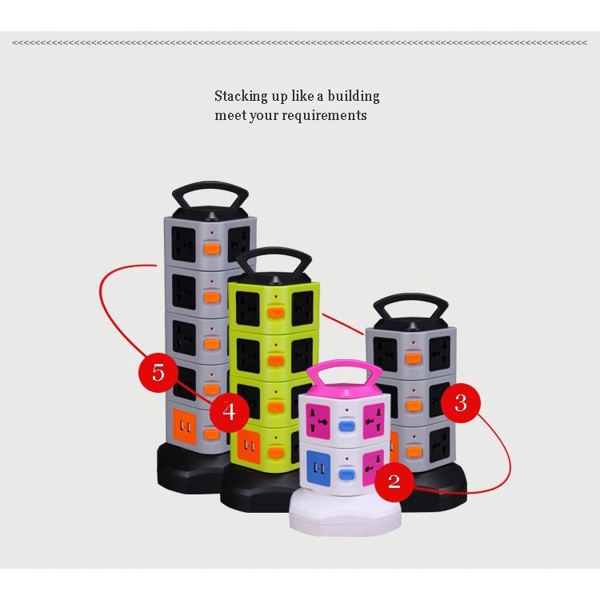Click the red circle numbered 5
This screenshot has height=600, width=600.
(x=158, y=372)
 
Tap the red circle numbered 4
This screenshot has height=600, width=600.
(x=230, y=412)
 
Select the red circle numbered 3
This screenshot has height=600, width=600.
(x=460, y=403)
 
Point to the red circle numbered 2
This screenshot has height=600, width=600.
(x=394, y=481)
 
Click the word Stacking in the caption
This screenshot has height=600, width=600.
(x=242, y=96)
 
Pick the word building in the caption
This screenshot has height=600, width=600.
(x=354, y=96)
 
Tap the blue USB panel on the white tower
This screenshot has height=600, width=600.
(x=318, y=468)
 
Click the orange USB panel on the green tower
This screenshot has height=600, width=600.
(x=249, y=445)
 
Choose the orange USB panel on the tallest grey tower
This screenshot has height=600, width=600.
(x=185, y=426)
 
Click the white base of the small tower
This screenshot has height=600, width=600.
(x=345, y=513)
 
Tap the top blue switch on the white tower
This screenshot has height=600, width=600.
(x=347, y=426)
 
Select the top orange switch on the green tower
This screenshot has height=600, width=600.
(x=275, y=312)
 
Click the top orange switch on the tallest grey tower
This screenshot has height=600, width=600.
(x=212, y=249)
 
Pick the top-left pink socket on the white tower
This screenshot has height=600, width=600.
(x=318, y=420)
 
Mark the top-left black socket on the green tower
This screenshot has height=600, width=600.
(x=248, y=309)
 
